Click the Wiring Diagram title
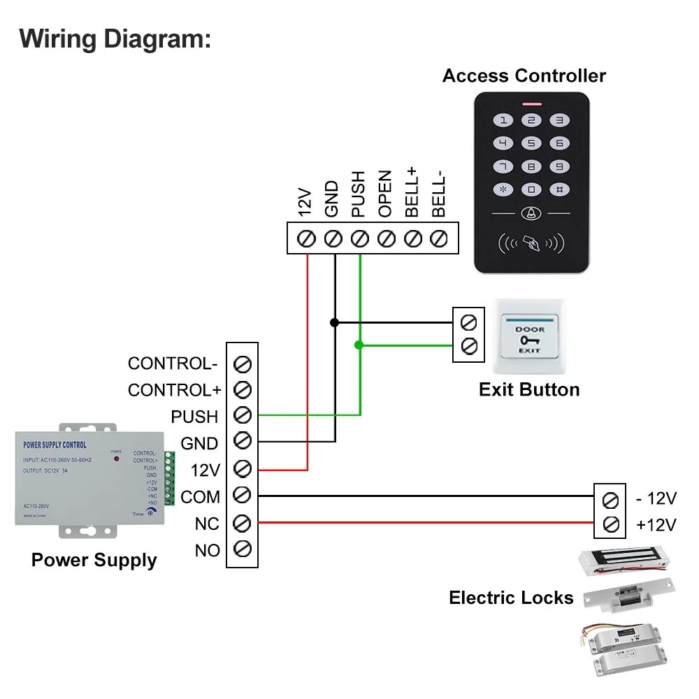point(115,38)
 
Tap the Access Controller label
point(524,75)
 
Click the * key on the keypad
point(503,189)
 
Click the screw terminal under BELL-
point(438,238)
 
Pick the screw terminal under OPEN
point(386,238)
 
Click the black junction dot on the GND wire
point(334,322)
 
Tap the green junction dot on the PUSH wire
point(359,345)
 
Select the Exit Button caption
point(529,389)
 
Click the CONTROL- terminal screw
point(243,363)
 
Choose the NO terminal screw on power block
point(243,549)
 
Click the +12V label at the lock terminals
point(656,524)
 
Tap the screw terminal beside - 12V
point(610,499)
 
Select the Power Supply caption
point(94,560)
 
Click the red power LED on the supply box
point(117,459)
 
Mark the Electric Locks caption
point(511,598)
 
